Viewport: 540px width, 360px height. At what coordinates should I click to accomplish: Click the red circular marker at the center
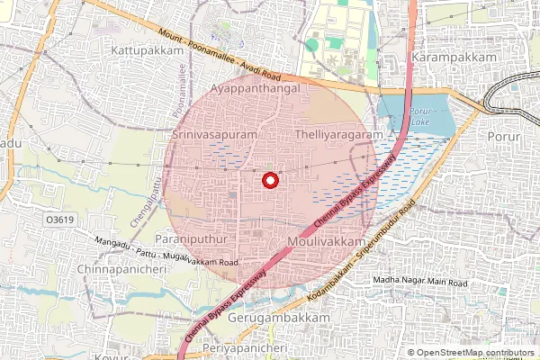268,181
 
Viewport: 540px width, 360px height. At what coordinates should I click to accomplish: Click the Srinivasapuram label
214,133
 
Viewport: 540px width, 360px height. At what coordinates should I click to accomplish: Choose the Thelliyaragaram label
333,133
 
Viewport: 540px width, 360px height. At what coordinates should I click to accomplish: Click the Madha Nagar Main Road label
420,283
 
